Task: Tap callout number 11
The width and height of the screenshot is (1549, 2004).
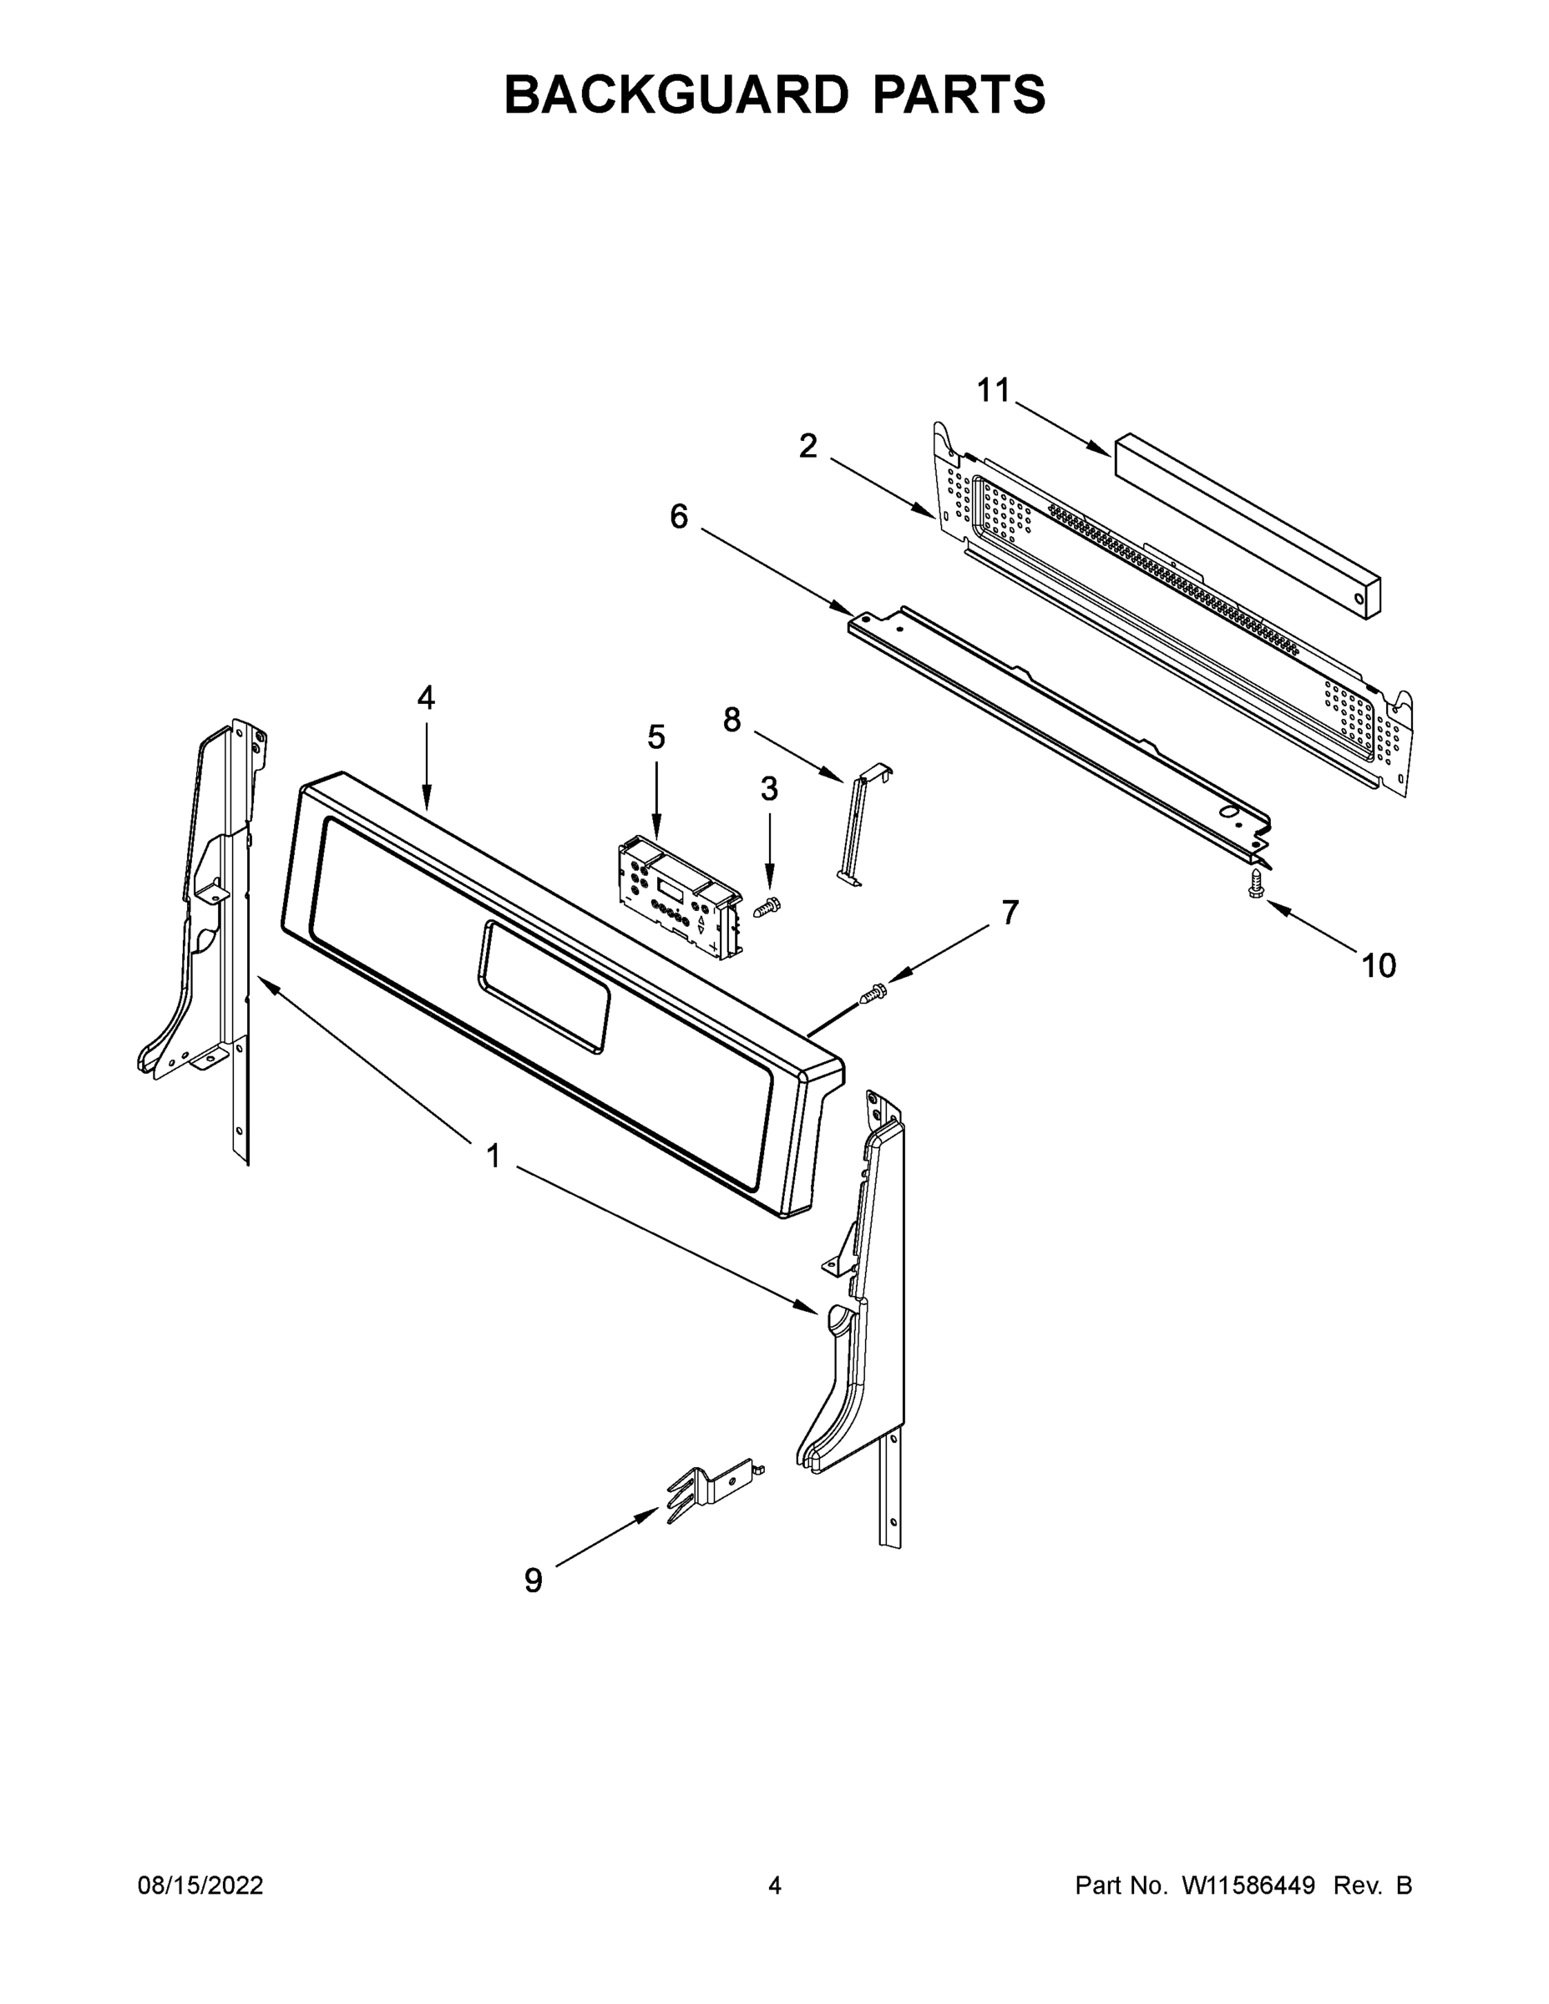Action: pos(993,391)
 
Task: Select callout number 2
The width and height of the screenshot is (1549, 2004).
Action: pos(807,447)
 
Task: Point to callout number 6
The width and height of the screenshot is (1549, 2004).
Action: pos(678,517)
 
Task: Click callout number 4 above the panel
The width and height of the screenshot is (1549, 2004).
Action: pos(426,698)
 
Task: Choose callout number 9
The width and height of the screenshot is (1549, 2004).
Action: pos(533,1580)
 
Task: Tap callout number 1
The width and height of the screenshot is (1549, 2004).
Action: pos(494,1156)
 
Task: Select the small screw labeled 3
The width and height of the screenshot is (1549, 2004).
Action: pos(767,908)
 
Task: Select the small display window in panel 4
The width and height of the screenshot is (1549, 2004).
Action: pos(544,986)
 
